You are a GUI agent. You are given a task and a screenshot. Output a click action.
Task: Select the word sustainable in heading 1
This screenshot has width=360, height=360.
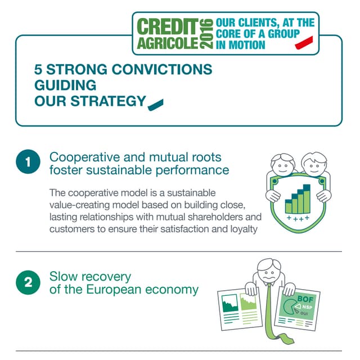(119, 170)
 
